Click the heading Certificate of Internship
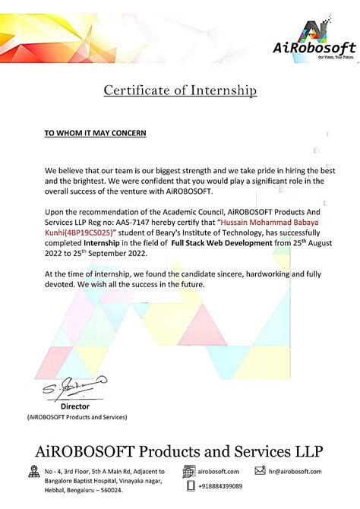tap(180, 91)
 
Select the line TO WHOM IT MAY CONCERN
tap(95, 133)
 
